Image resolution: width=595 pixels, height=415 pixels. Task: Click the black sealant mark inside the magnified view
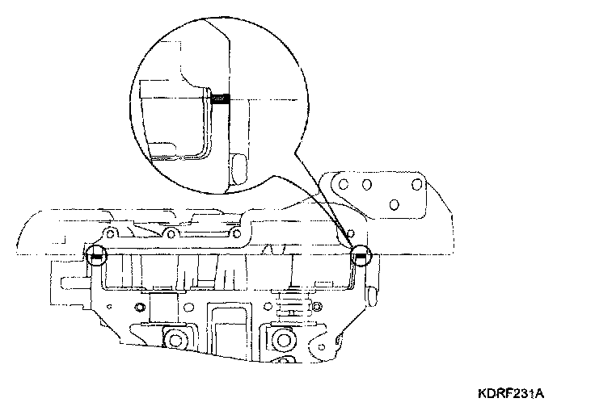coord(220,99)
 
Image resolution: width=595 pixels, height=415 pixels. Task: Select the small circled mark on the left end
coord(96,257)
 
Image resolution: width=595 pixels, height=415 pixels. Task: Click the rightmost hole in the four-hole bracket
coord(418,183)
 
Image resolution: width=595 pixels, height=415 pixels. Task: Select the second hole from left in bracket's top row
coord(366,184)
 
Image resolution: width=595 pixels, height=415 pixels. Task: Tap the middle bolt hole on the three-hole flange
coord(170,233)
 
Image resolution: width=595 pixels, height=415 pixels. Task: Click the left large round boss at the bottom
coord(172,336)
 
